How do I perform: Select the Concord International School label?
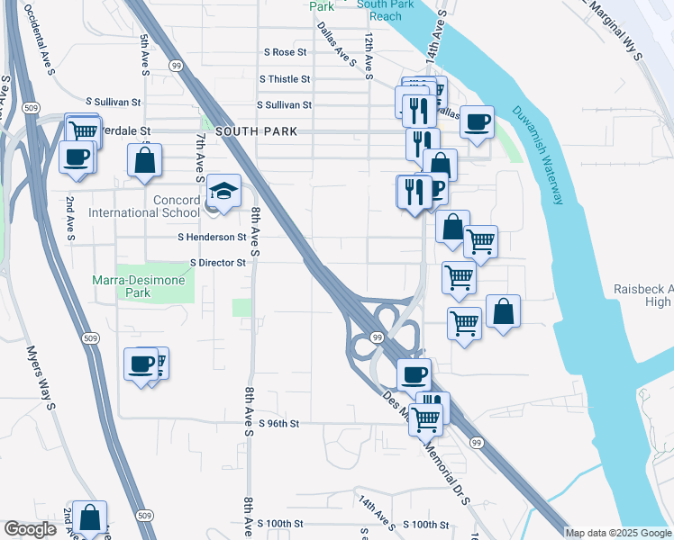143,206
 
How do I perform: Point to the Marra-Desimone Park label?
139,286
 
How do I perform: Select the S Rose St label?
284,53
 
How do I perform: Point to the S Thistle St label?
284,79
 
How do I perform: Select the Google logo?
31,529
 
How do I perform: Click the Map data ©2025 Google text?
618,533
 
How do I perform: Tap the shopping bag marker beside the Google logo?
90,517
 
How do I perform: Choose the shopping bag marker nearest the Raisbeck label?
503,311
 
